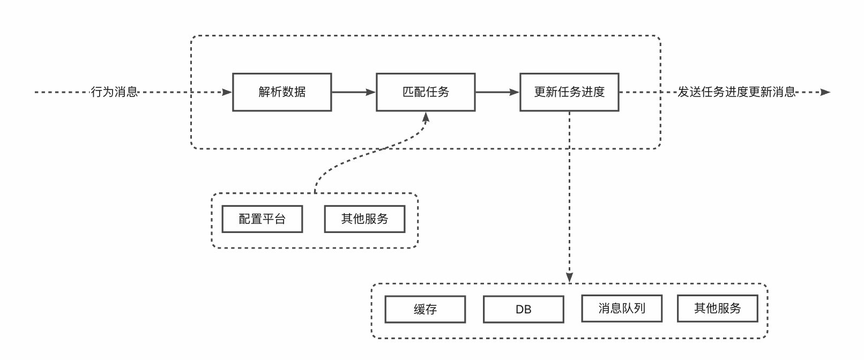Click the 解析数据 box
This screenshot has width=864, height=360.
tap(282, 92)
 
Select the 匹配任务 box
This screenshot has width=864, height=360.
tap(426, 92)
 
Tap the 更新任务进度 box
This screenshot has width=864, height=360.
tap(569, 92)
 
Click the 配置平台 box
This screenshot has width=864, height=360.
tap(262, 219)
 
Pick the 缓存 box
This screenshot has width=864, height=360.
tap(425, 309)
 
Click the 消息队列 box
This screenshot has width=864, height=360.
tap(621, 309)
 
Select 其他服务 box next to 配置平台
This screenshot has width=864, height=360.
tap(364, 219)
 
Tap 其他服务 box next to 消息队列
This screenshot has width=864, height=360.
tap(717, 309)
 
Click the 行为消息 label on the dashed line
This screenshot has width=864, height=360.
tap(114, 92)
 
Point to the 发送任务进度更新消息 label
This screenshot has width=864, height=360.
tap(736, 92)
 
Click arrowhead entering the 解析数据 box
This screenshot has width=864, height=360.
tap(227, 92)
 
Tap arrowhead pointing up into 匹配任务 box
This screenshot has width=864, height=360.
tap(426, 117)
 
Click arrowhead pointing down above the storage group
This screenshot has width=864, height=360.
tap(569, 277)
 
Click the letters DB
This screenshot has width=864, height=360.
tap(523, 310)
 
